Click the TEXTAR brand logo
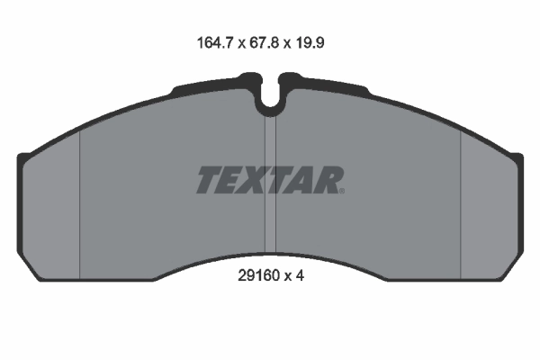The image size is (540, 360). (x=269, y=180)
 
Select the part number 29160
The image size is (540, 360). (x=252, y=277)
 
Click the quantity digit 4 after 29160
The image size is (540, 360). (x=301, y=277)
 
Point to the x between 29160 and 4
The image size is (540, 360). (x=287, y=278)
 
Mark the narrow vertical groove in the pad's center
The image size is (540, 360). (x=269, y=180)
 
